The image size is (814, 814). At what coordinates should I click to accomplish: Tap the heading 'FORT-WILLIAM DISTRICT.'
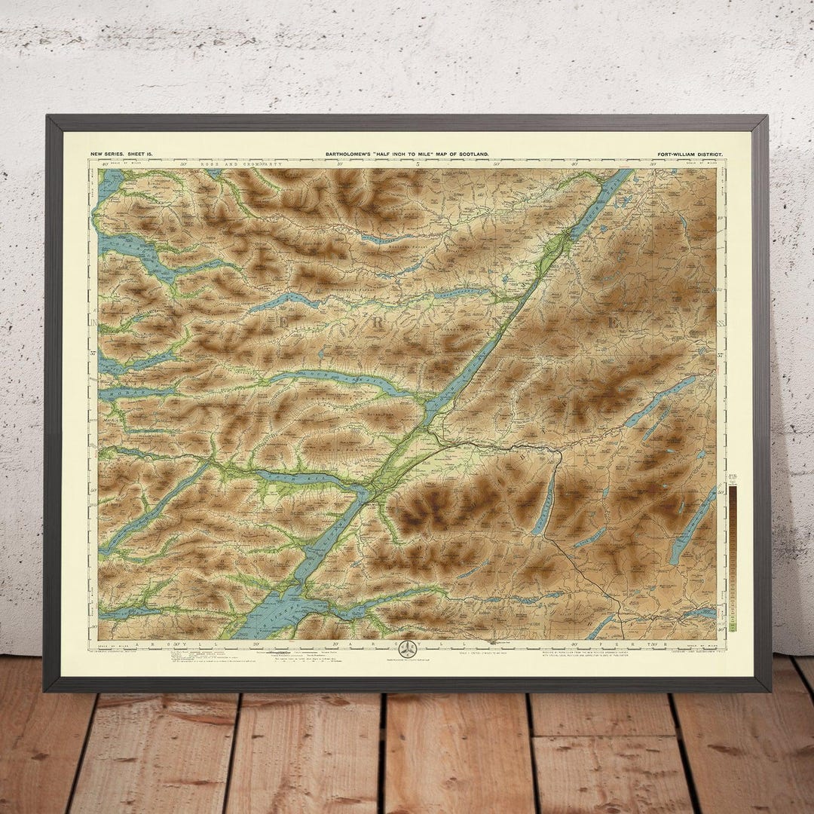click(690, 154)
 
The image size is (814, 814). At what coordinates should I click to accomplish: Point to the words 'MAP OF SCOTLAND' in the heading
click(461, 154)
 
